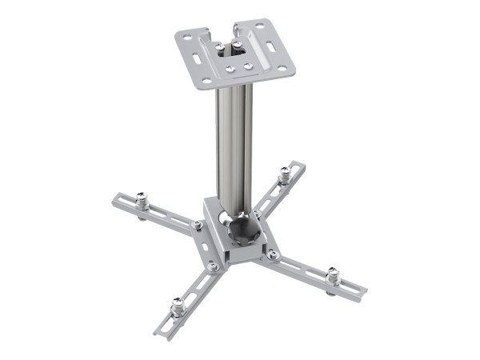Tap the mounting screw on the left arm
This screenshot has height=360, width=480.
142,199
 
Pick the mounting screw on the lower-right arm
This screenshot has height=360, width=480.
332,274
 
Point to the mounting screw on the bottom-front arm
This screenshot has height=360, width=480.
178,305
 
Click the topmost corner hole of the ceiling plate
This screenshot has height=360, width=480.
258,26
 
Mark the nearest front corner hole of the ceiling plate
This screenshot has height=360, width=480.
206,80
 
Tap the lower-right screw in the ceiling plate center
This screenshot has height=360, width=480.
248,65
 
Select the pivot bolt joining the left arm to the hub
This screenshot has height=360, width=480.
197,225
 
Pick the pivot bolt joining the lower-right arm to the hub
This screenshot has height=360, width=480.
273,254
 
